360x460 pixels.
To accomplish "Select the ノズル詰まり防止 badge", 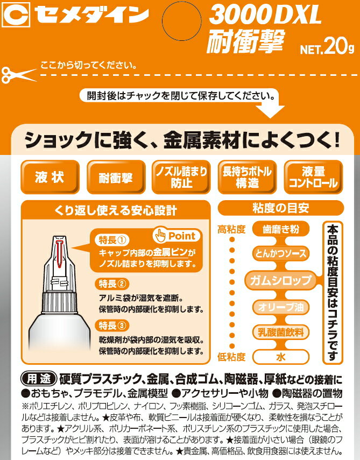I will [x=181, y=178].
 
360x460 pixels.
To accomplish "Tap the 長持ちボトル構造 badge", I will [x=247, y=178].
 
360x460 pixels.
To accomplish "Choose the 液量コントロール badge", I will [x=313, y=178].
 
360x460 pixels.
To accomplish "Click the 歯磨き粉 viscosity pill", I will [x=280, y=229].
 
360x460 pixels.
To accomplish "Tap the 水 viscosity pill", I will [x=280, y=356].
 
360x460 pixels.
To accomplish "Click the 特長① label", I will [x=113, y=239].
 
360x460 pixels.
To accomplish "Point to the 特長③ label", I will [x=112, y=324].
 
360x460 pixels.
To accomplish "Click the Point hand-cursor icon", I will [x=160, y=235].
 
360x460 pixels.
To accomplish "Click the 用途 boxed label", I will [x=38, y=377].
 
